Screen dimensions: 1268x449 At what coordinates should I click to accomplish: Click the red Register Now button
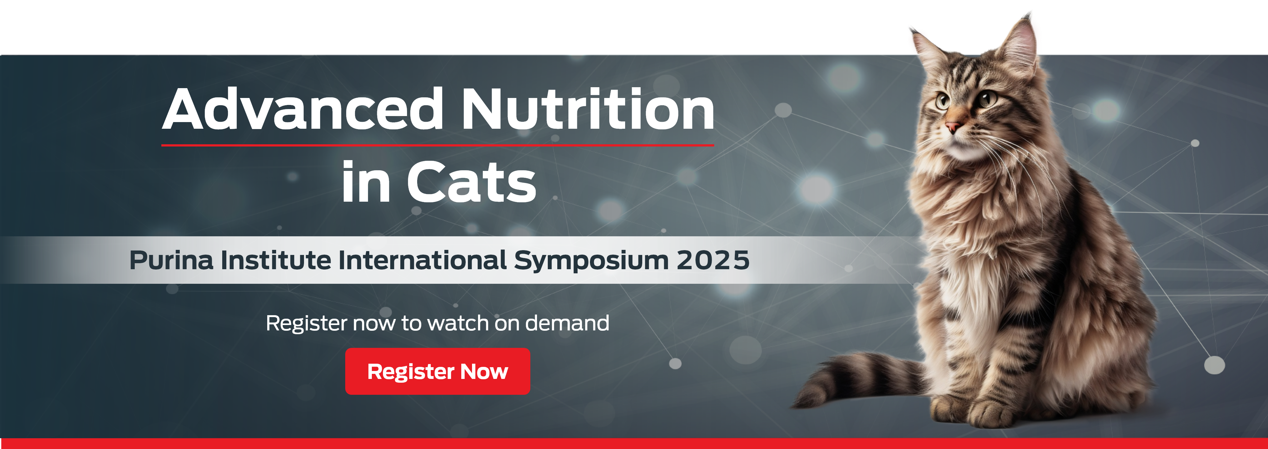437,371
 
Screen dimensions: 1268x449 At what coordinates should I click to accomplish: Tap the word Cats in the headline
472,182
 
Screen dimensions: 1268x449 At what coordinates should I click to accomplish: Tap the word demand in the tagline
567,323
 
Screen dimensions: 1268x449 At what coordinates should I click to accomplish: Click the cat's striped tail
857,379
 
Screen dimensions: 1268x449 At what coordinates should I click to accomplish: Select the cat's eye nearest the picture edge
987,99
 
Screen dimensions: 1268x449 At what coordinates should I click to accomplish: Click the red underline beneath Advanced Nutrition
437,145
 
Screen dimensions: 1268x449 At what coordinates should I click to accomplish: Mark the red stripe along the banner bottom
634,444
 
